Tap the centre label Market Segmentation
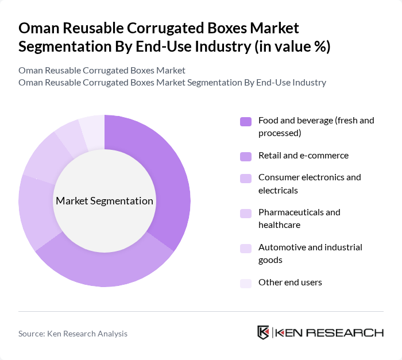point(105,201)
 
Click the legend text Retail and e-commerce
point(303,155)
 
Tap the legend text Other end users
point(290,282)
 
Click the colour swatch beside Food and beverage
point(246,121)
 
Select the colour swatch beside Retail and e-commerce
point(246,156)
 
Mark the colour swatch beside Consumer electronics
point(246,178)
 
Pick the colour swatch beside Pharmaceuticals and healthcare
point(246,213)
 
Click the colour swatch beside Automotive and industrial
point(246,248)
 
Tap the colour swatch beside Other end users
point(246,282)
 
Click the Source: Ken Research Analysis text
point(73,334)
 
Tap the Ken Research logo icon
point(263,332)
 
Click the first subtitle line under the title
point(102,71)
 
